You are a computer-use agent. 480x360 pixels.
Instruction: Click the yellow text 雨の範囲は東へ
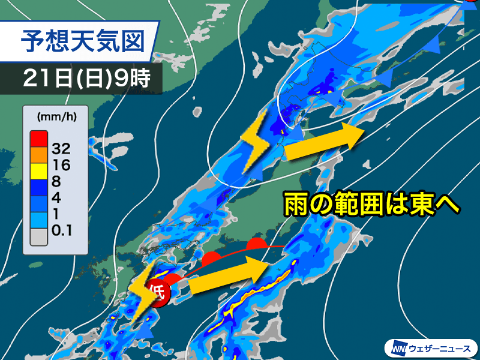pyautogui.click(x=371, y=205)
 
